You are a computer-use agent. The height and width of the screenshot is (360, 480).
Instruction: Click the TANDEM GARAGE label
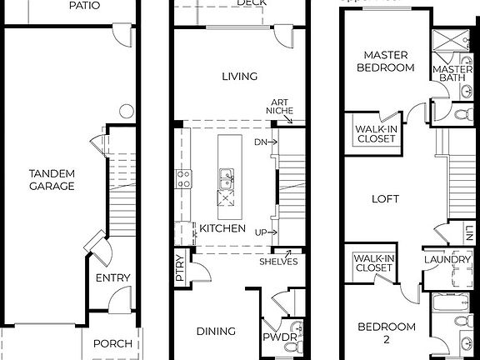coord(52,179)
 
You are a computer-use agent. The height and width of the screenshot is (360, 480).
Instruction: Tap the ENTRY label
coord(112,278)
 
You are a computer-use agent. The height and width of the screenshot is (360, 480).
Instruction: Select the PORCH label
coord(112,343)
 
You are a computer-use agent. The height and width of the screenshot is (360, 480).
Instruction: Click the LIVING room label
coord(239,77)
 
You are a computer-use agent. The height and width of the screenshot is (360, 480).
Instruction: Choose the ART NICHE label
coord(278,105)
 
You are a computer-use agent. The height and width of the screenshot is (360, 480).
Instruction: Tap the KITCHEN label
coord(222,227)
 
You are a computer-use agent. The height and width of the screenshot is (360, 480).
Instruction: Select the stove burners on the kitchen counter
coord(183,177)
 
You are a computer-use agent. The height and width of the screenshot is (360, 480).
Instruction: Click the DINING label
coord(215,331)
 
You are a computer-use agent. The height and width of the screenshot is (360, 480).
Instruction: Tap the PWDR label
coord(273,338)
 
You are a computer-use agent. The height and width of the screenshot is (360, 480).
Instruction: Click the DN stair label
coord(261,142)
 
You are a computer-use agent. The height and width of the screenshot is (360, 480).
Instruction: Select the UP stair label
coord(261,232)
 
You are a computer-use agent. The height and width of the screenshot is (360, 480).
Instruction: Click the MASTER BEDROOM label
coord(386,62)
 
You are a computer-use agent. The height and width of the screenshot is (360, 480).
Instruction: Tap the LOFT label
coord(386,199)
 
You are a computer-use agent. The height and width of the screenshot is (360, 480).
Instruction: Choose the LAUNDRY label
coord(447,260)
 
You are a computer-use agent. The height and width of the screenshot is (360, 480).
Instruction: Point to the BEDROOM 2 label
coord(386,332)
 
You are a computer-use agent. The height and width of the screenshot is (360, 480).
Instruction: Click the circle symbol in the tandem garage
coord(127,110)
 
